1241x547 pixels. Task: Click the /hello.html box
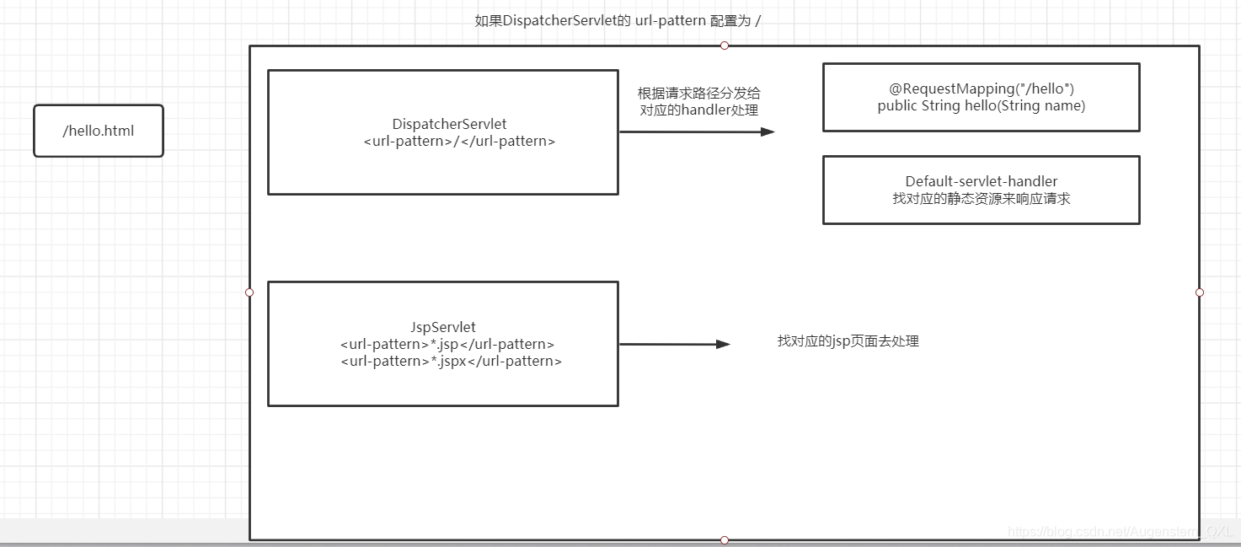[x=99, y=131]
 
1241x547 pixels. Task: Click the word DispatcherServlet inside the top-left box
[x=449, y=124]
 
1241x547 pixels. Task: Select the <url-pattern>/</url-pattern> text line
[x=459, y=141]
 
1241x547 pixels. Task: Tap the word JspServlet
[x=442, y=327]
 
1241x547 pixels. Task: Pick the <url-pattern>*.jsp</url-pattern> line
[x=447, y=344]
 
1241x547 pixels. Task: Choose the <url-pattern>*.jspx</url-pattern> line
[x=451, y=361]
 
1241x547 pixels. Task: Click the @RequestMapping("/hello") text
[x=982, y=88]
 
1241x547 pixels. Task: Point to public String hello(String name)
[x=982, y=105]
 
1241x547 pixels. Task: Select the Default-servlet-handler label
[x=982, y=181]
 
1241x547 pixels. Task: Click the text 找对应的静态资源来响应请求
[x=982, y=199]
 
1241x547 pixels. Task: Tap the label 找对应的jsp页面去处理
[x=848, y=341]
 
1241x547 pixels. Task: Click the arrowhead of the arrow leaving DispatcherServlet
[x=768, y=131]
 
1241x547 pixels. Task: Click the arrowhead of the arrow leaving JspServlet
[x=723, y=344]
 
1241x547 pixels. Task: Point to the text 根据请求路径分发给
[x=698, y=93]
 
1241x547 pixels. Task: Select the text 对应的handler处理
[x=698, y=110]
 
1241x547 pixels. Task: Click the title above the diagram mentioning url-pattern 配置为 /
[x=618, y=21]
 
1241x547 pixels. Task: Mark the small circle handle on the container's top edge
[x=725, y=46]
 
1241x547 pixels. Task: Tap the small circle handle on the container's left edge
[x=249, y=292]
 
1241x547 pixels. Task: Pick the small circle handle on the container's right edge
[x=1200, y=292]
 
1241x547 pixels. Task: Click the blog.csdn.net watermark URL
[x=1120, y=531]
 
